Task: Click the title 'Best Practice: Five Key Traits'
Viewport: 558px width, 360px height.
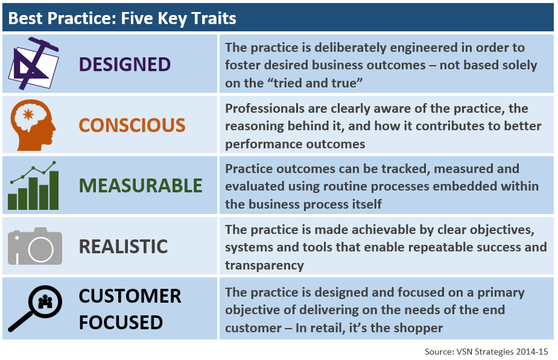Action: click(x=122, y=19)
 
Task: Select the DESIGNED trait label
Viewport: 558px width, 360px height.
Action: click(x=124, y=65)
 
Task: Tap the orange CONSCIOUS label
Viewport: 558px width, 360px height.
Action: click(x=132, y=125)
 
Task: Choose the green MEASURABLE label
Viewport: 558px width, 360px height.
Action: click(x=141, y=186)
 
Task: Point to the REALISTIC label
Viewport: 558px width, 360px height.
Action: click(x=123, y=247)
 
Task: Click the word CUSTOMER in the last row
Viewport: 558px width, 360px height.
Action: click(x=130, y=296)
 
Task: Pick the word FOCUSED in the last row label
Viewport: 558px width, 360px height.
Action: click(x=121, y=323)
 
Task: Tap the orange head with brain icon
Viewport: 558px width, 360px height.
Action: click(x=33, y=125)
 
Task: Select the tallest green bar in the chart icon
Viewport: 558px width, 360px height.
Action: click(x=54, y=191)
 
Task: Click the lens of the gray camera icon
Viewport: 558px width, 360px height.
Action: click(x=40, y=249)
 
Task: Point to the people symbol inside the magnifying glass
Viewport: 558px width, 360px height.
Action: click(x=45, y=302)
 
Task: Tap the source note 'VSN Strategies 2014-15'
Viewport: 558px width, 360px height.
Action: click(x=502, y=352)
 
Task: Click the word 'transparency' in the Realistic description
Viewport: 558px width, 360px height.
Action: click(x=264, y=265)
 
